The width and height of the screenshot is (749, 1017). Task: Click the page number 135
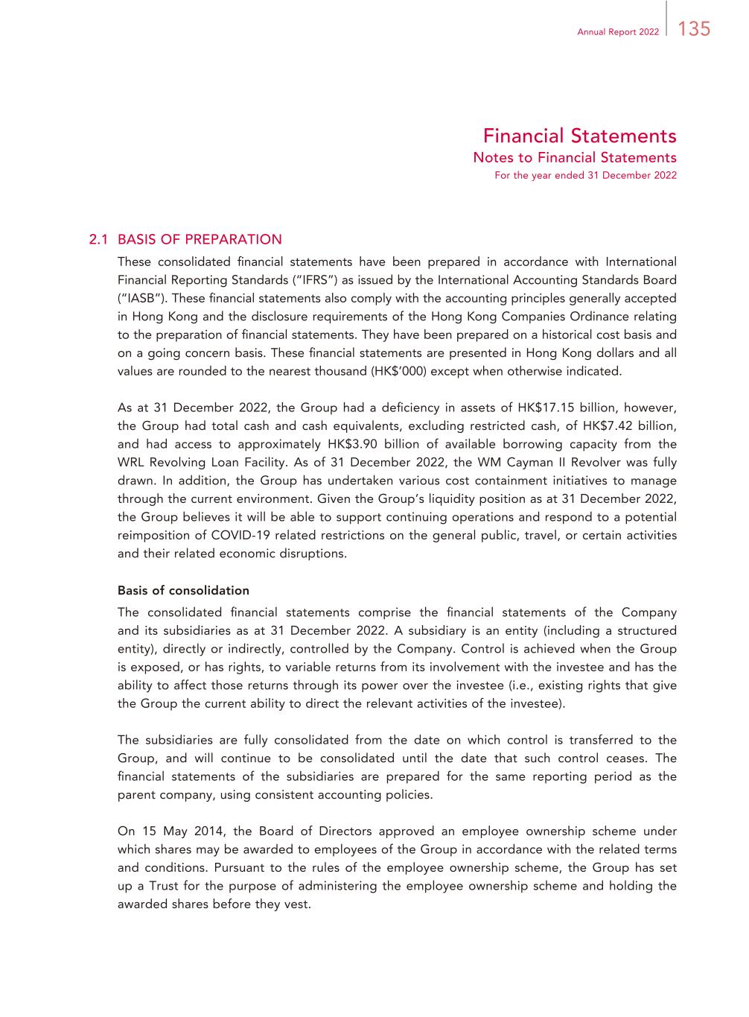[694, 29]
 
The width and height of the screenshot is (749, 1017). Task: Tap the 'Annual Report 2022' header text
[618, 32]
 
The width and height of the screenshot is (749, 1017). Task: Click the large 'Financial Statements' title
[579, 136]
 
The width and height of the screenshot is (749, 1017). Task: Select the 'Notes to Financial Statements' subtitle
[575, 157]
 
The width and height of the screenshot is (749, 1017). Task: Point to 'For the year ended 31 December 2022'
[585, 176]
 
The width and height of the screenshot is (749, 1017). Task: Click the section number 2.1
[99, 240]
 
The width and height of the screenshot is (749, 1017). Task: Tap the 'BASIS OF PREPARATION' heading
[200, 240]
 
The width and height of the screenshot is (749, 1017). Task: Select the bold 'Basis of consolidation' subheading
[183, 590]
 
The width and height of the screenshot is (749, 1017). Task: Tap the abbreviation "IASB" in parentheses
[138, 298]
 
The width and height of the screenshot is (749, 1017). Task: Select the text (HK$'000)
[392, 371]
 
